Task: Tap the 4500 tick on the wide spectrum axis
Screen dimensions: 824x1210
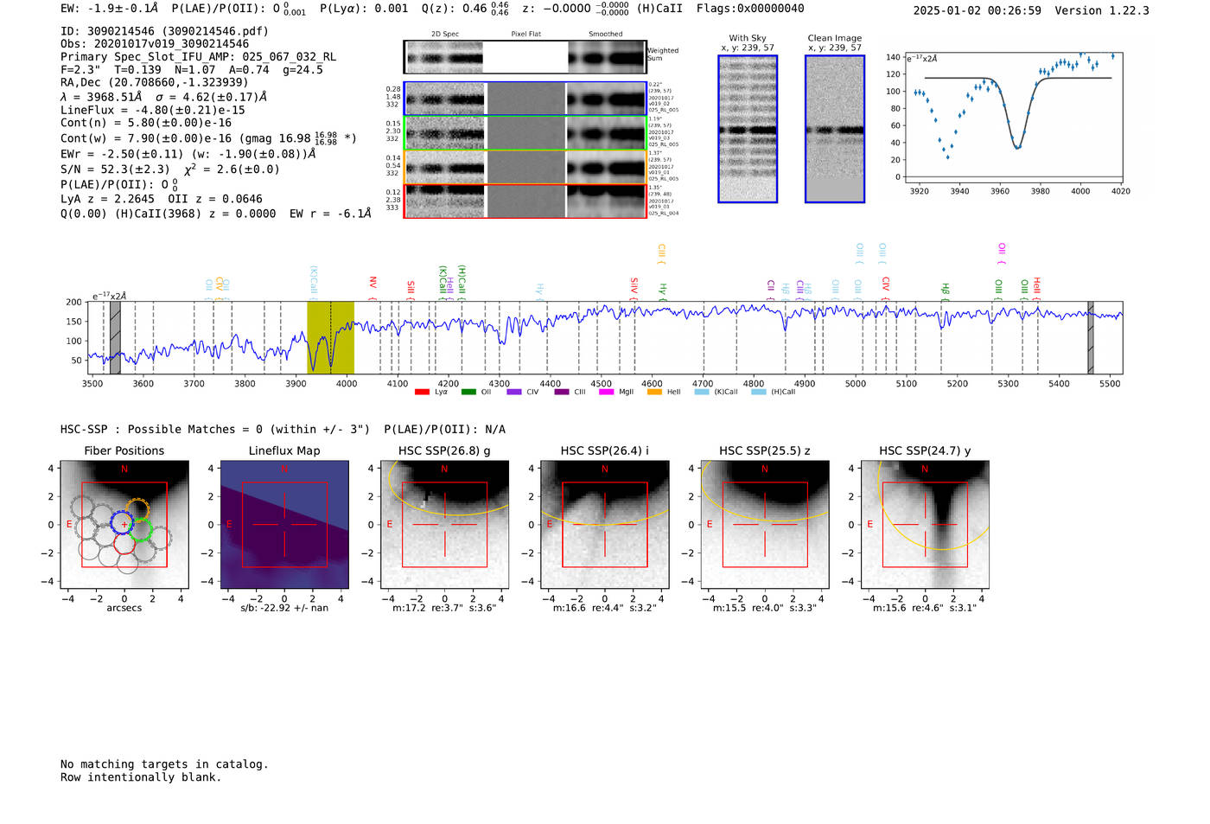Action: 601,384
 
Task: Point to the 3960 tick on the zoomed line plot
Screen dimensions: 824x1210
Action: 1000,191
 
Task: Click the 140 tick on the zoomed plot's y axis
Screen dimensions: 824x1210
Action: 892,57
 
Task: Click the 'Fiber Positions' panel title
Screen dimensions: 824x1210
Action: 124,450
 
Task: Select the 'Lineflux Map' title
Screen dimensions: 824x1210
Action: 283,450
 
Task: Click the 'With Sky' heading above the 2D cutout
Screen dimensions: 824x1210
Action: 748,38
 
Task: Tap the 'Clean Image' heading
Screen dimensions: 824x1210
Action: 834,38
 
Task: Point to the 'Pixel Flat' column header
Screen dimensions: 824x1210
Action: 525,35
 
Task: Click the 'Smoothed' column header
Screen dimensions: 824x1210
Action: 605,35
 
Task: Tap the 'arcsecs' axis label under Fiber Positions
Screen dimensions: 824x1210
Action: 124,608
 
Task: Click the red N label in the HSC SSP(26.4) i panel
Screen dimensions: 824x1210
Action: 605,469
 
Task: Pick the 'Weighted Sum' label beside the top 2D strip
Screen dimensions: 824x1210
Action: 662,54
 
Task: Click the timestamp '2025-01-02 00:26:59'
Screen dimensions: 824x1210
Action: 977,10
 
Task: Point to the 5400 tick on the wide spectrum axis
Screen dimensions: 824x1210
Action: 1059,384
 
